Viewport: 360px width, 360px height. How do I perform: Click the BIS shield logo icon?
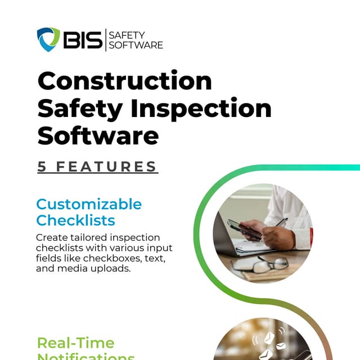[x=48, y=39]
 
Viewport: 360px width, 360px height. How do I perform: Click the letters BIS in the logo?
[x=82, y=40]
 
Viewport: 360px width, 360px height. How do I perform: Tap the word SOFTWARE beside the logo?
[x=136, y=45]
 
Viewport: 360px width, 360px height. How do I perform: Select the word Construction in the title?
[x=124, y=81]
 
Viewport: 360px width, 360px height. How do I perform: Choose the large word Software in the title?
[x=97, y=136]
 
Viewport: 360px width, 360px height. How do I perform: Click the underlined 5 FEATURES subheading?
[x=97, y=166]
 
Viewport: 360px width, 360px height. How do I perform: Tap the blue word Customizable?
[x=89, y=204]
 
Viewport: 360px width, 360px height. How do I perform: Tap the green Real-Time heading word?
[x=75, y=343]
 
